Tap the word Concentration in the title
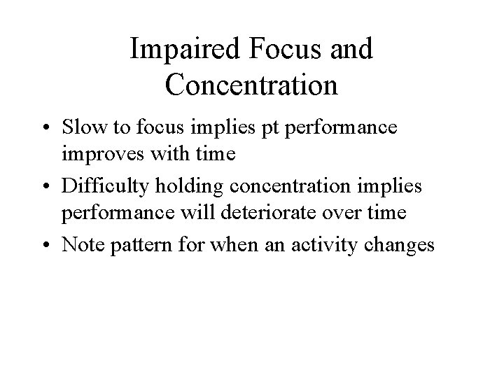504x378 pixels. click(x=252, y=85)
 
